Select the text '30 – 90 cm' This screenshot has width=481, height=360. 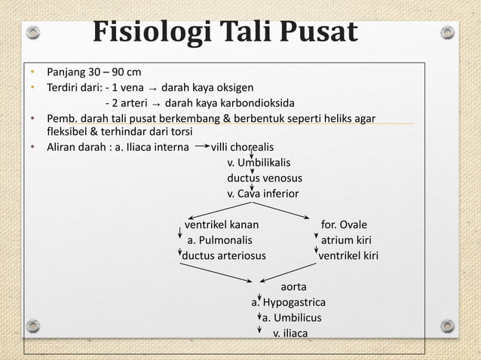115,73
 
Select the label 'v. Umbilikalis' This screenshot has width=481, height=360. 259,162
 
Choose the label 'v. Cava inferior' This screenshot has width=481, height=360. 263,194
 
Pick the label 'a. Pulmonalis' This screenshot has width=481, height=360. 219,240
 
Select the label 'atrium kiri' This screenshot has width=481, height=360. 346,240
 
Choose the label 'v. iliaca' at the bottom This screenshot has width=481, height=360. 290,334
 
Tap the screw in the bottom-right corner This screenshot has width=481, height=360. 448,325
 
